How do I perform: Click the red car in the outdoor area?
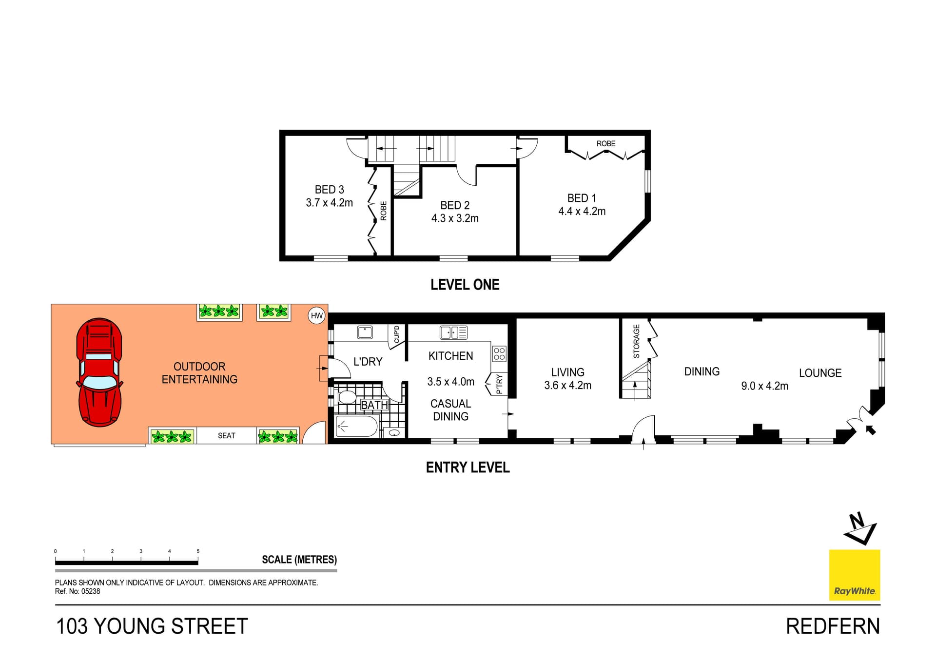[x=99, y=372]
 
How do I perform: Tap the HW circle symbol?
[x=317, y=315]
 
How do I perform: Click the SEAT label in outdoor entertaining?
[x=226, y=436]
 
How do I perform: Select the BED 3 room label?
[x=329, y=190]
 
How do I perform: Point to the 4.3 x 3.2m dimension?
[x=454, y=218]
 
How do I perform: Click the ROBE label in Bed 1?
[x=605, y=144]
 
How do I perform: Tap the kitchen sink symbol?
[x=453, y=332]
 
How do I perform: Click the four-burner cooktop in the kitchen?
[x=499, y=353]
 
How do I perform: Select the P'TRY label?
[x=499, y=384]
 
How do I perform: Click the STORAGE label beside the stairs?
[x=636, y=341]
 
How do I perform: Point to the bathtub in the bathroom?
[x=357, y=427]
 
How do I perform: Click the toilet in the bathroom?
[x=347, y=397]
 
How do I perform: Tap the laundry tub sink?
[x=365, y=332]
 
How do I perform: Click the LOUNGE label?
[x=820, y=373]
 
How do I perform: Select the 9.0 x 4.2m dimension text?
[x=764, y=386]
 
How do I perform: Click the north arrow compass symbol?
[x=861, y=529]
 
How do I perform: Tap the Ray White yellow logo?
[x=855, y=575]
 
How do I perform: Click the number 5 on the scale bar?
[x=198, y=551]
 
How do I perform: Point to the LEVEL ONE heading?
[x=465, y=285]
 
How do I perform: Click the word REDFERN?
[x=833, y=626]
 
